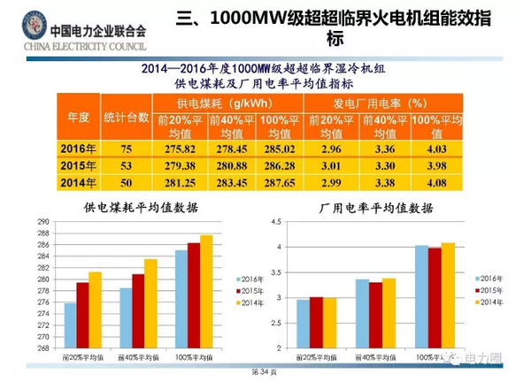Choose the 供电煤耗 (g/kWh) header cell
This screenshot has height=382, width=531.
[229, 103]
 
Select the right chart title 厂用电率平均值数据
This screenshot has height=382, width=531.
[375, 209]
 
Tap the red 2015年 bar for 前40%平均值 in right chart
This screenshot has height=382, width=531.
[375, 315]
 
